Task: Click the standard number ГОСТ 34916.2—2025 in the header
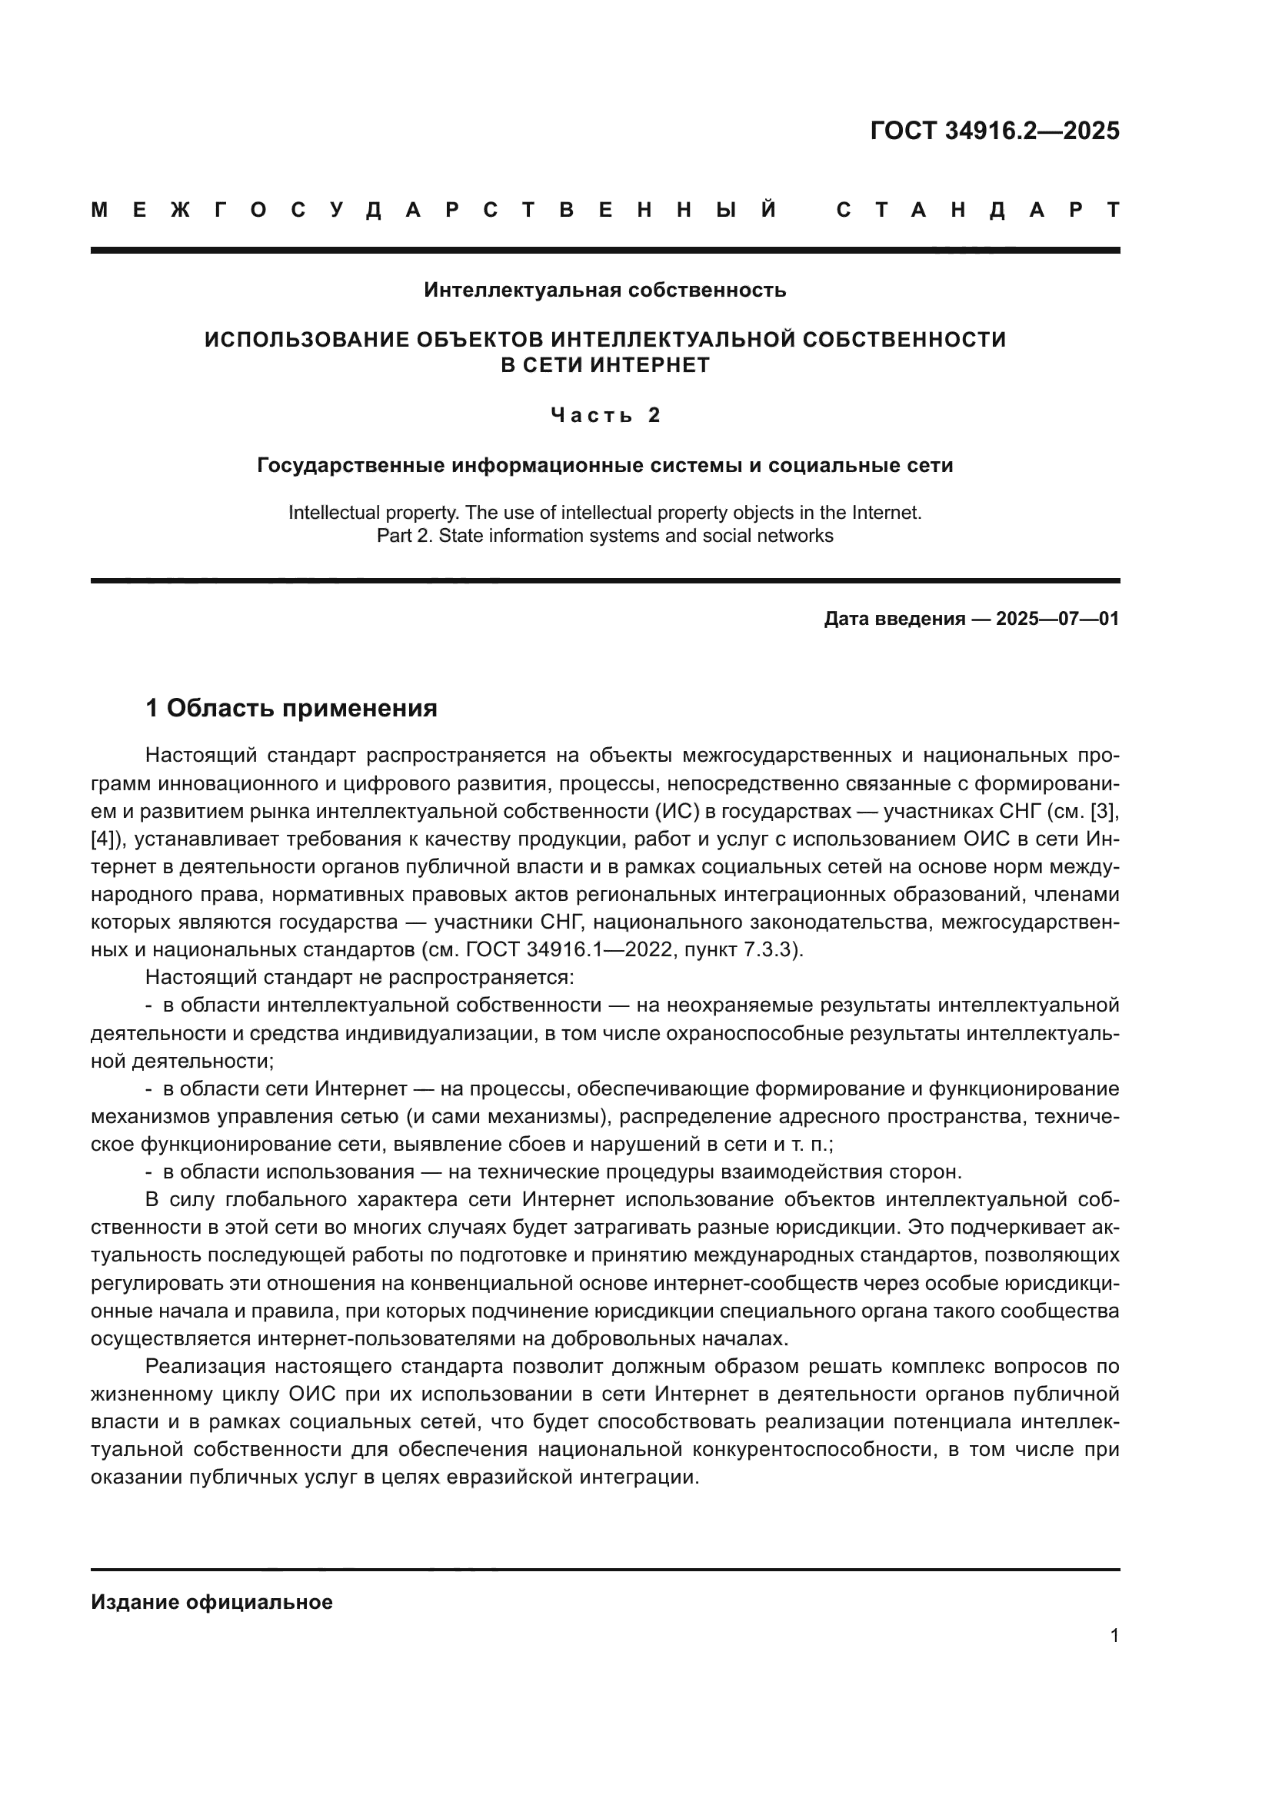(x=994, y=131)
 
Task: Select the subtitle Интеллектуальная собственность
(x=604, y=291)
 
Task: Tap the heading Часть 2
(x=605, y=415)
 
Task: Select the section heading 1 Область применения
(x=291, y=708)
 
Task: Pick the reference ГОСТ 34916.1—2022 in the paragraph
(x=571, y=950)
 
